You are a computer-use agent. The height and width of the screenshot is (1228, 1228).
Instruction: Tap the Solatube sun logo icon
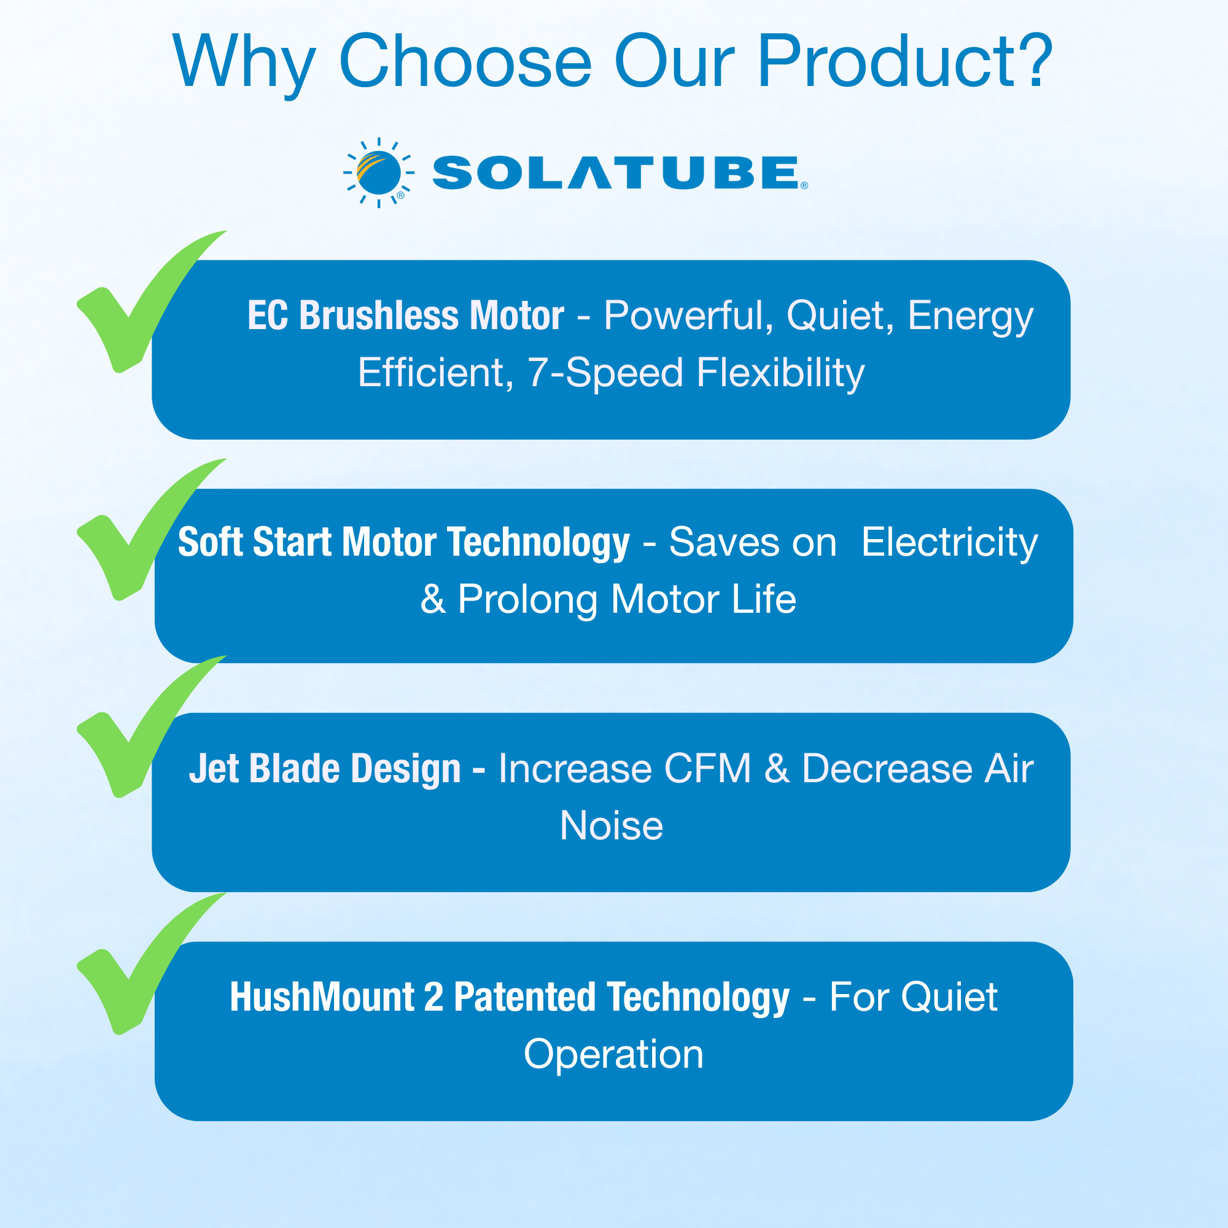click(379, 173)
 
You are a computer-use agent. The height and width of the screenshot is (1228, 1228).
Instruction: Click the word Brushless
click(378, 315)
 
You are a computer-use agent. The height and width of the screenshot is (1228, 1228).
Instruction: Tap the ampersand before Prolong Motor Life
click(433, 599)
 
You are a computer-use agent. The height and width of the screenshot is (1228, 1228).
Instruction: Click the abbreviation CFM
click(707, 769)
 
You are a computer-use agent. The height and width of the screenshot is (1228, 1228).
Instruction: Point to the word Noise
click(612, 826)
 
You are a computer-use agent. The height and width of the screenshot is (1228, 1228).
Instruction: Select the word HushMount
click(322, 997)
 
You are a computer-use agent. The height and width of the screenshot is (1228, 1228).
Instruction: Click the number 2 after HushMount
click(433, 997)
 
